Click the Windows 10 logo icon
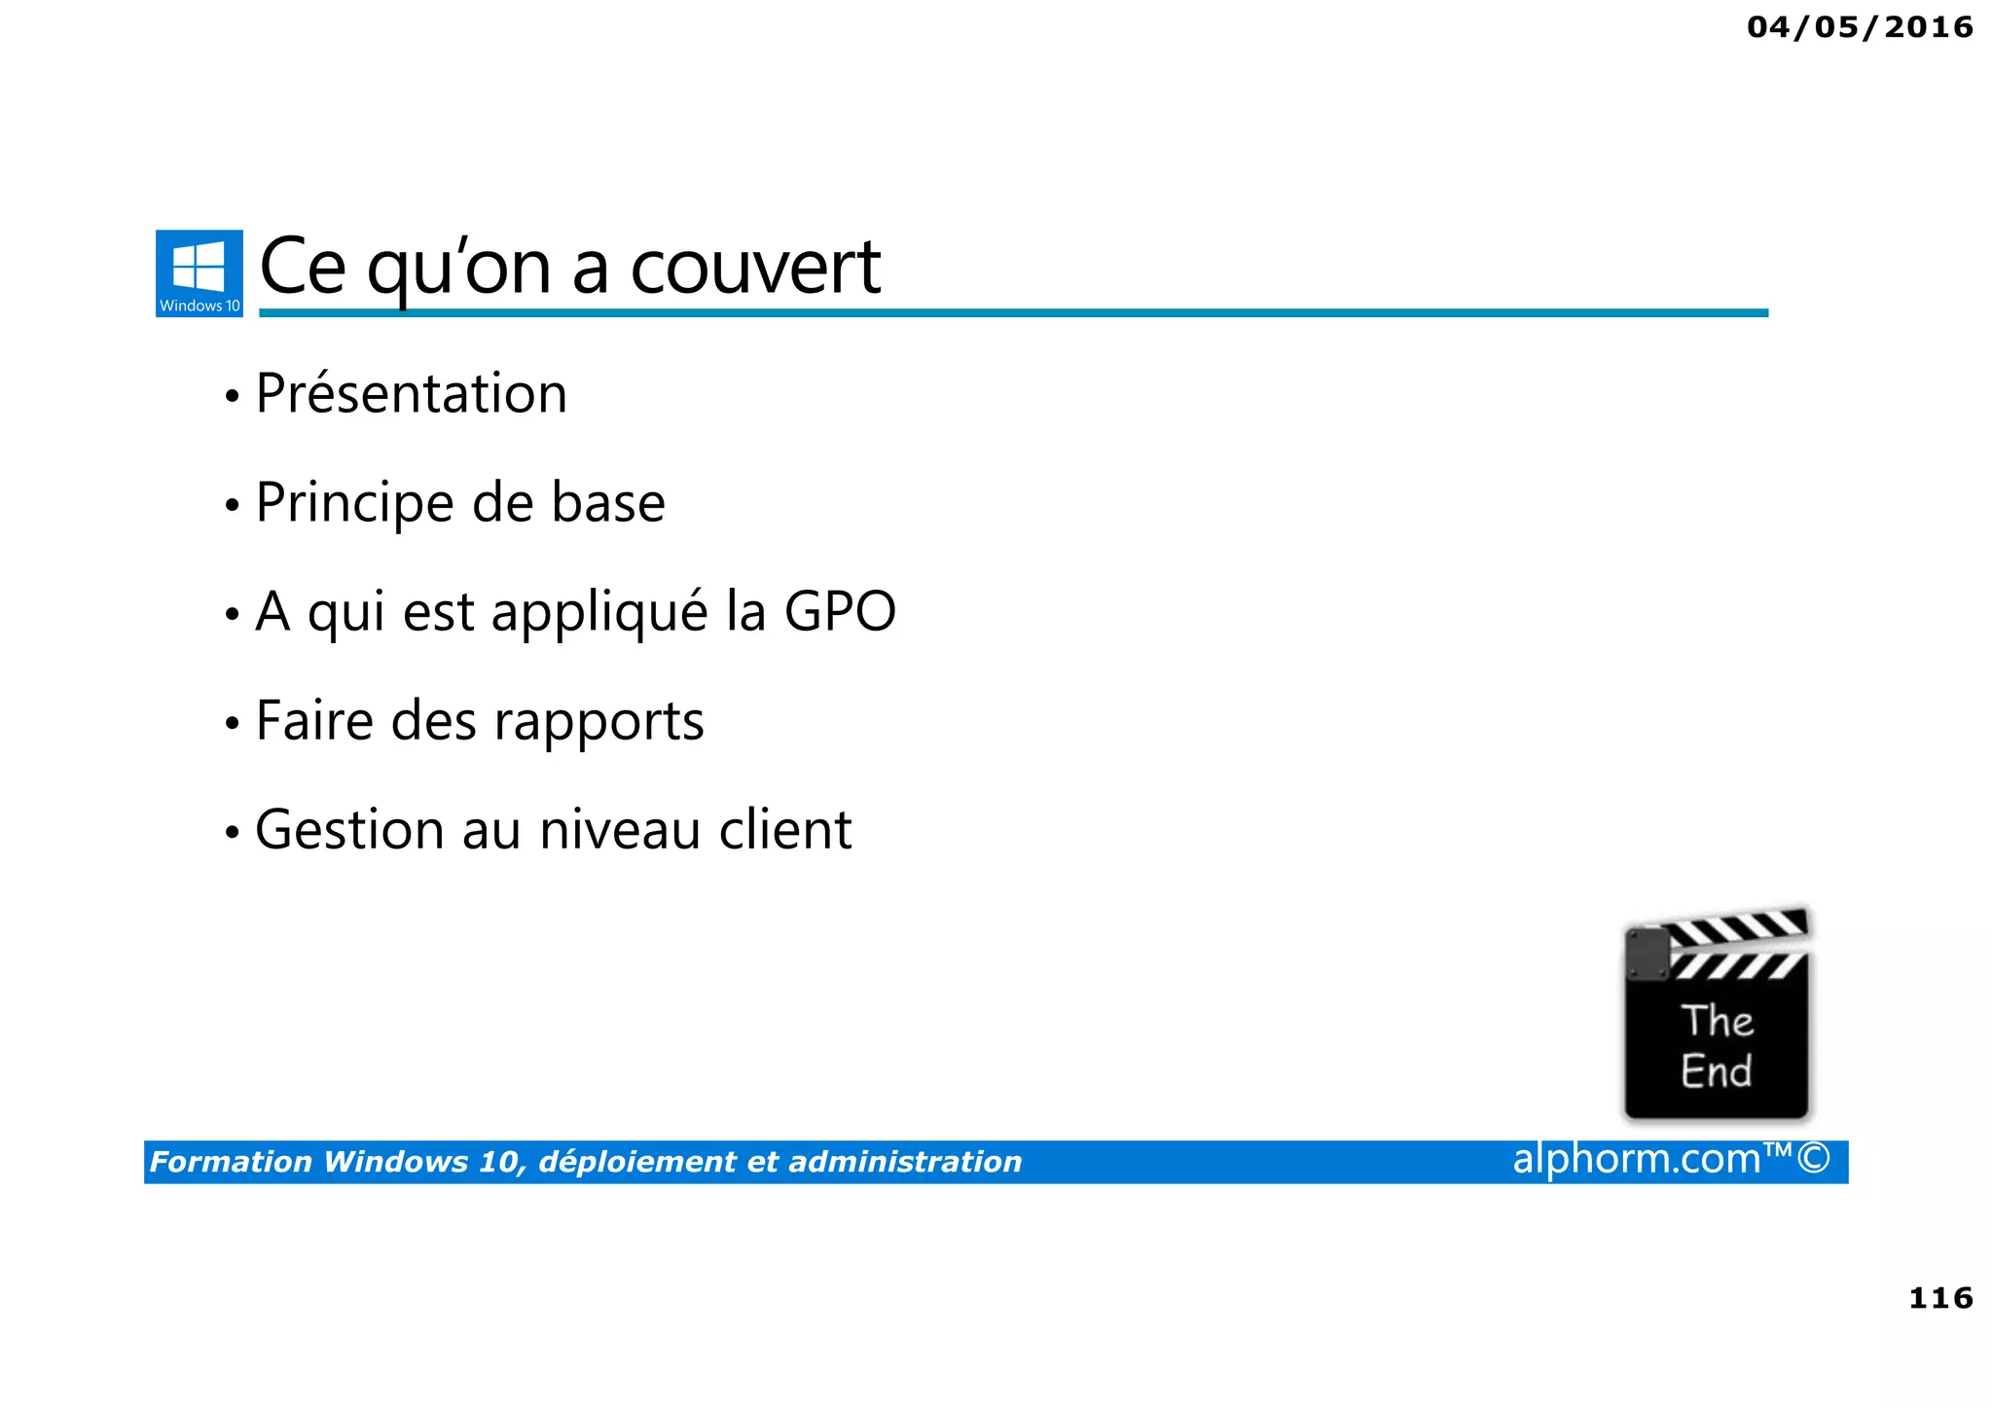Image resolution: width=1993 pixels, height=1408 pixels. pyautogui.click(x=199, y=272)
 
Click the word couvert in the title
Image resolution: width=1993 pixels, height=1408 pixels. pyautogui.click(x=755, y=268)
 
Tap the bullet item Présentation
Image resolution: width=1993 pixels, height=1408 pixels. pyautogui.click(x=411, y=394)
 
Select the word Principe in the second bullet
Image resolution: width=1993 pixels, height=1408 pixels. pyautogui.click(x=354, y=504)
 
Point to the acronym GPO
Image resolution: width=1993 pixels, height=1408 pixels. pyautogui.click(x=840, y=612)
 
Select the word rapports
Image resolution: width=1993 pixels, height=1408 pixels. pyautogui.click(x=598, y=723)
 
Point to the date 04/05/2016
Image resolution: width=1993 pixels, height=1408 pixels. pyautogui.click(x=1860, y=27)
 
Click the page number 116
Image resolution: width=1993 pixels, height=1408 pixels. pyautogui.click(x=1940, y=1298)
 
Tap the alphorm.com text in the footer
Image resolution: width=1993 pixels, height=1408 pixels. pyautogui.click(x=1637, y=1159)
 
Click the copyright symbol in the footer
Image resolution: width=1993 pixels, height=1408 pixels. pyautogui.click(x=1813, y=1159)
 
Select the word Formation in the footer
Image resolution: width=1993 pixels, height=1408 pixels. pyautogui.click(x=231, y=1162)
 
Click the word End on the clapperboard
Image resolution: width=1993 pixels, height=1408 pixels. pyautogui.click(x=1716, y=1071)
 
